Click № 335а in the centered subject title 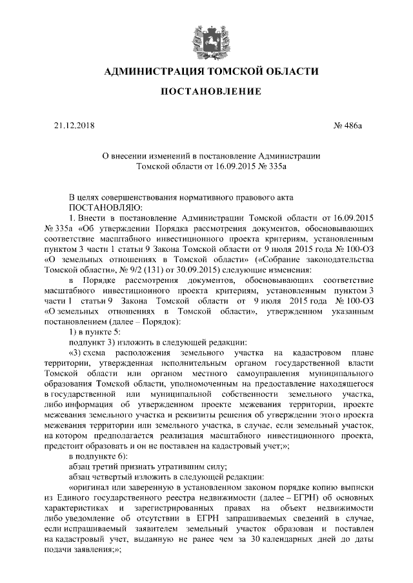click(x=273, y=166)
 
